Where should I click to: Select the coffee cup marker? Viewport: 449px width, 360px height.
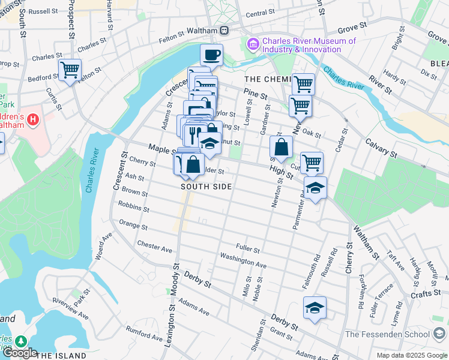[x=211, y=55]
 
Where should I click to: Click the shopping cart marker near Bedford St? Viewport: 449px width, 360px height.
[x=70, y=70]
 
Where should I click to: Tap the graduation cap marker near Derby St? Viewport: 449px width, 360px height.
[x=315, y=308]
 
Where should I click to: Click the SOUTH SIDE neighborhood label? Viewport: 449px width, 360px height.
[x=206, y=187]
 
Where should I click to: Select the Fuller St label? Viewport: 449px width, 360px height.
[x=247, y=248]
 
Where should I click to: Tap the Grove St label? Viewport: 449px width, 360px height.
[x=352, y=28]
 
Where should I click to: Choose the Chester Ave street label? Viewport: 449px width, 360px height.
[x=154, y=247]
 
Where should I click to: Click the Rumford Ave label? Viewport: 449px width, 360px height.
[x=144, y=334]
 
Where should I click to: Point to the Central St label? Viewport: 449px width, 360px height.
[x=260, y=13]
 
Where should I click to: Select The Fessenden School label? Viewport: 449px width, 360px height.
[x=388, y=334]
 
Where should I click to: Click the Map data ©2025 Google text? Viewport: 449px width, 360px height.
[x=412, y=355]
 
